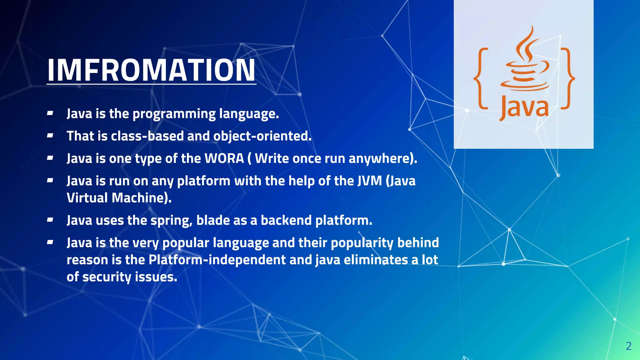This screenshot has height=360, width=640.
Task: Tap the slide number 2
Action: [x=629, y=346]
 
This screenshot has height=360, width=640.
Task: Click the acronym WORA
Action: [x=224, y=158]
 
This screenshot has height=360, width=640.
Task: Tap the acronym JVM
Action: [x=370, y=181]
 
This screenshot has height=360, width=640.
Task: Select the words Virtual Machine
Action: [x=119, y=198]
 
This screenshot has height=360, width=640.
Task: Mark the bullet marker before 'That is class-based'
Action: [x=50, y=136]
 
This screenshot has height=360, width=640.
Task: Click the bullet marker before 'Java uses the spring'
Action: [x=50, y=220]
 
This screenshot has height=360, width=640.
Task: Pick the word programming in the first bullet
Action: [x=174, y=114]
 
